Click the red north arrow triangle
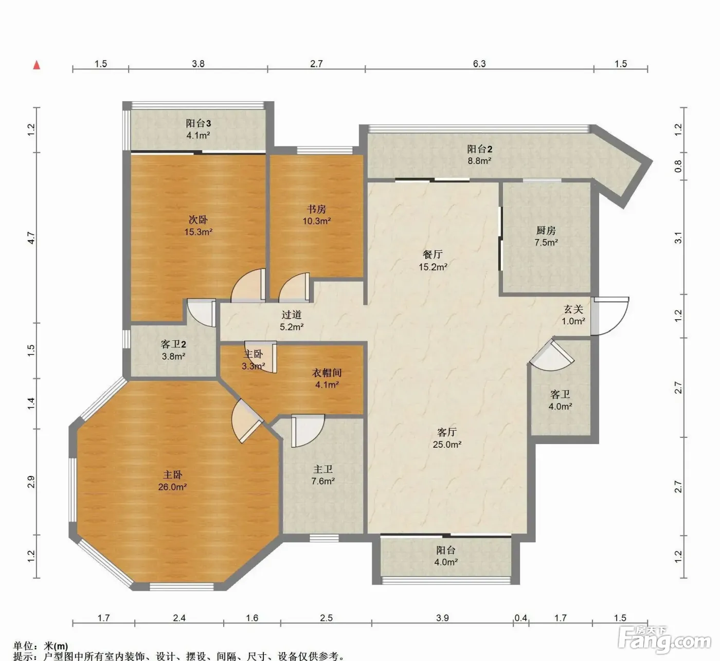coord(37,65)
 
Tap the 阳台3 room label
coord(198,129)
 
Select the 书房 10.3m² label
coord(317,214)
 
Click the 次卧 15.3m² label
coord(198,226)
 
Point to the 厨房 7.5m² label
coord(546,236)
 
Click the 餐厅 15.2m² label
coord(433,261)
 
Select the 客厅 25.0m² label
coord(447,438)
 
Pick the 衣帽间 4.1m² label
coord(327,379)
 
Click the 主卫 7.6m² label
coord(323,475)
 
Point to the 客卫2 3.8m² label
coord(173,350)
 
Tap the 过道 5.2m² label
coord(292,320)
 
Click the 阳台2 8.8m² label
coord(479,155)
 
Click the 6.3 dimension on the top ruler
coord(479,64)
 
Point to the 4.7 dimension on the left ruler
coord(31,238)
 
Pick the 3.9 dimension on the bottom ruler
coord(442,618)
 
